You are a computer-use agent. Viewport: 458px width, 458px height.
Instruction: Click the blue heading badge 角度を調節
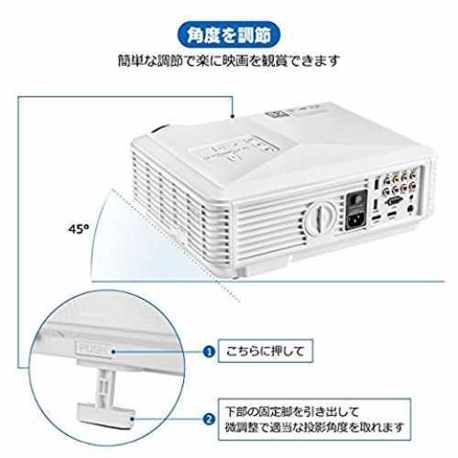228,35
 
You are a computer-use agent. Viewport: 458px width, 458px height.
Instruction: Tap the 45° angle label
78,229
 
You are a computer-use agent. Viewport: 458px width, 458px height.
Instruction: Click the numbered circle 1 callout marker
209,352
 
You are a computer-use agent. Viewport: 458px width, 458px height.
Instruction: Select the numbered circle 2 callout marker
209,419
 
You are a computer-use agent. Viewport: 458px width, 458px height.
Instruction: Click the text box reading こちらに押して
266,351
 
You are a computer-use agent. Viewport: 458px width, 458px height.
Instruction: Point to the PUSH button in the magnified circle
94,349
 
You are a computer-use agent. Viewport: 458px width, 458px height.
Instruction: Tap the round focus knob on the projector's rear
321,217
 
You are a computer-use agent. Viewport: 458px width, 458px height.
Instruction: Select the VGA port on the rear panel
393,202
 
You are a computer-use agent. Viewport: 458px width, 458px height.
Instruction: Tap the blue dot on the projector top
233,116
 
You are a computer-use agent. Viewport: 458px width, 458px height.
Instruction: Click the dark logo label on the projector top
275,114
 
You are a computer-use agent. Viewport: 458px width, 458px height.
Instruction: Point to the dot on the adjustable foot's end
132,419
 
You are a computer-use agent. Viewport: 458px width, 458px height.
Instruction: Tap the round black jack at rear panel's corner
411,209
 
